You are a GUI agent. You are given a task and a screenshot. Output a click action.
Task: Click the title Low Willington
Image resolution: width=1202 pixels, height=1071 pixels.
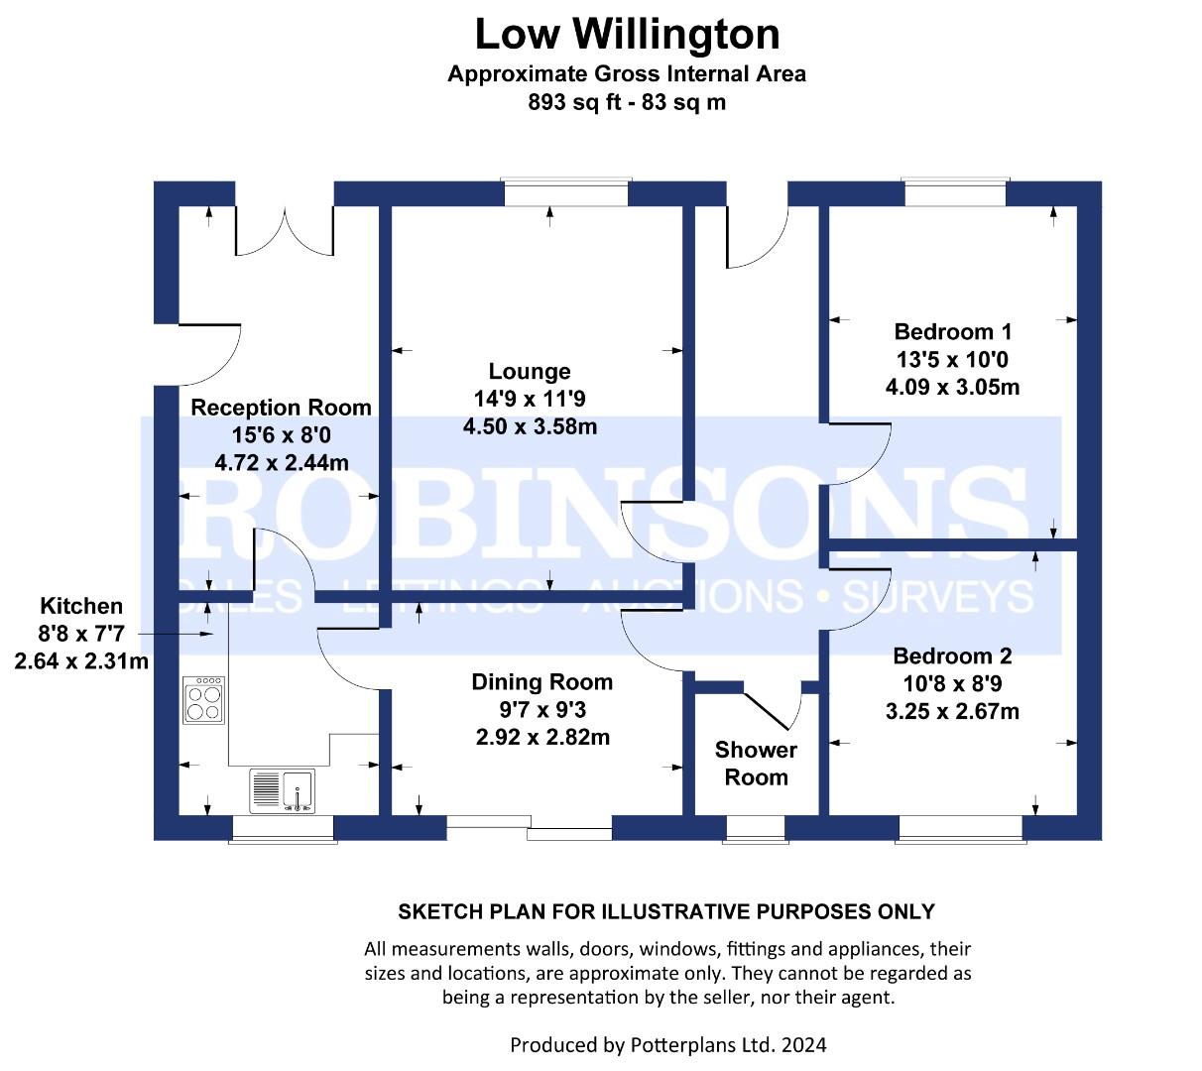[x=627, y=35]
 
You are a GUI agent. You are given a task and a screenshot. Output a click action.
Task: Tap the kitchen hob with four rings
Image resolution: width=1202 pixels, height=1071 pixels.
[x=203, y=699]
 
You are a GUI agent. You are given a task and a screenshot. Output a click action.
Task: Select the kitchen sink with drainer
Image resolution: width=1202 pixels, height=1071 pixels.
[x=282, y=791]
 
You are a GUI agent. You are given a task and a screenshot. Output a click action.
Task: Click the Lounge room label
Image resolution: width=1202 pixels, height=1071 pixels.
[x=530, y=371]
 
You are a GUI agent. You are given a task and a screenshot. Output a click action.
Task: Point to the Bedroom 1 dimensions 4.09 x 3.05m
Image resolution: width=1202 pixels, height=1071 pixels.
[x=952, y=387]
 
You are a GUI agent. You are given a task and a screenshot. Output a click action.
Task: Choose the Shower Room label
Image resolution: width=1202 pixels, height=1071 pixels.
[x=756, y=763]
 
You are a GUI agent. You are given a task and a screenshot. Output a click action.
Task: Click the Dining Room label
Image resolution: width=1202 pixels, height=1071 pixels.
[x=541, y=681]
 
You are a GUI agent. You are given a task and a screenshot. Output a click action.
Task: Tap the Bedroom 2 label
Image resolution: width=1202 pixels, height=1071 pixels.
[x=952, y=655]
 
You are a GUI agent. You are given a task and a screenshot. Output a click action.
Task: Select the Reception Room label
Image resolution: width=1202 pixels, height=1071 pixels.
[x=281, y=407]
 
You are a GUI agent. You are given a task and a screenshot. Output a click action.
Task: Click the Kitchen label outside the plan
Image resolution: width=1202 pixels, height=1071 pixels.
[x=81, y=606]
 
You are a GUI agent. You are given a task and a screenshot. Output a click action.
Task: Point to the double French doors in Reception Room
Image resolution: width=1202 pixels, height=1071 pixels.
[x=285, y=231]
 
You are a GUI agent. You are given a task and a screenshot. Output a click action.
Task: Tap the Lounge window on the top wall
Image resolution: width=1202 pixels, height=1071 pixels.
[x=566, y=192]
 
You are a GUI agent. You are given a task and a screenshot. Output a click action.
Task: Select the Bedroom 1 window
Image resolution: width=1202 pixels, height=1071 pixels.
[x=955, y=192]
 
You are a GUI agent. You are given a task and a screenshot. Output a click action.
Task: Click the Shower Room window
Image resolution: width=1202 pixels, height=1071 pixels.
[x=756, y=829]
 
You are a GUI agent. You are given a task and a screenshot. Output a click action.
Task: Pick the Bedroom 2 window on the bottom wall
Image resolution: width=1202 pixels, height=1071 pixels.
[x=961, y=829]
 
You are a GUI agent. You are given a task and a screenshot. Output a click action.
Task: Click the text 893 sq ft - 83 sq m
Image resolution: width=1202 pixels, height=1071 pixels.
[x=627, y=102]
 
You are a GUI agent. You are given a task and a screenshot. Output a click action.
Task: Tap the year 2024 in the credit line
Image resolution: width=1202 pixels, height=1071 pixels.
[x=803, y=1044]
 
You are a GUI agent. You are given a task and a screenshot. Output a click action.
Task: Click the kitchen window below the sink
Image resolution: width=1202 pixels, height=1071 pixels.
[x=283, y=829]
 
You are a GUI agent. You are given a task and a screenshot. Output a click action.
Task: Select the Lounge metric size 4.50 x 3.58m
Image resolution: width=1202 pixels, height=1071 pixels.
[x=530, y=426]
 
